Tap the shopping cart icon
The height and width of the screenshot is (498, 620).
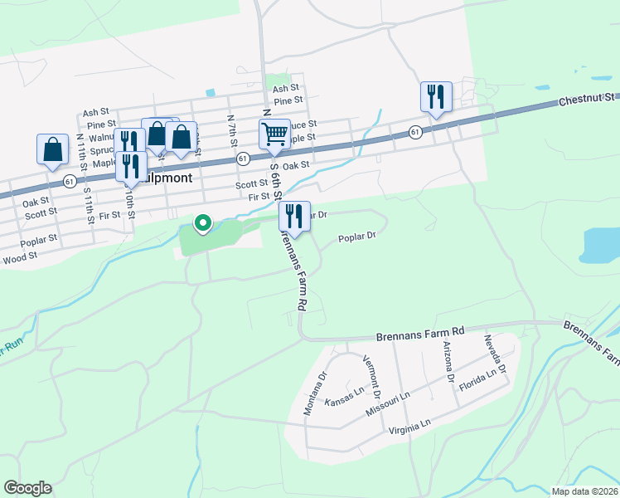pyautogui.click(x=274, y=133)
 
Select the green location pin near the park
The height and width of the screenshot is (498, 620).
pyautogui.click(x=202, y=222)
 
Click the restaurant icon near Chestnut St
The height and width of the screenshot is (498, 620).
pyautogui.click(x=435, y=96)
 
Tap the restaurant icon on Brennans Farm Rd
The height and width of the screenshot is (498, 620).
pyautogui.click(x=294, y=216)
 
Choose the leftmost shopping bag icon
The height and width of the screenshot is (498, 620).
pyautogui.click(x=52, y=149)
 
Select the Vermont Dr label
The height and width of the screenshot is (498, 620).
pyautogui.click(x=372, y=373)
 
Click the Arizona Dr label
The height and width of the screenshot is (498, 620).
pyautogui.click(x=448, y=361)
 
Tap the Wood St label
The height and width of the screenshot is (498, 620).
pyautogui.click(x=21, y=258)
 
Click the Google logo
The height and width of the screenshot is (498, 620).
pyautogui.click(x=27, y=488)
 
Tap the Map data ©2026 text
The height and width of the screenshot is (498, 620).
pyautogui.click(x=585, y=491)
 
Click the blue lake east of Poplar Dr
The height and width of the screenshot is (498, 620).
pyautogui.click(x=601, y=244)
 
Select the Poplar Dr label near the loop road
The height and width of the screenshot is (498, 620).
pyautogui.click(x=357, y=237)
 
